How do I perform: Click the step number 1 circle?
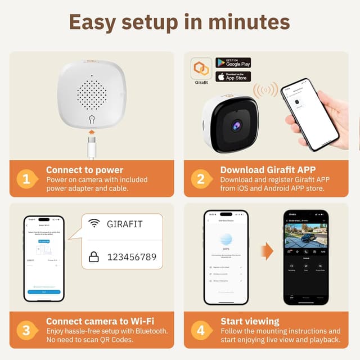[26, 179]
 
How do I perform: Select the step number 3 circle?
[26, 330]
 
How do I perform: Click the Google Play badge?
[233, 63]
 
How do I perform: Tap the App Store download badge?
[233, 76]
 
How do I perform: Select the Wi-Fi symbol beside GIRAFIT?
[93, 224]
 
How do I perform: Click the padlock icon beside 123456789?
[93, 257]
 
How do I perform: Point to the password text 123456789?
[131, 257]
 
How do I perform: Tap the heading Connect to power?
[84, 170]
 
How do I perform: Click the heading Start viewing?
[250, 321]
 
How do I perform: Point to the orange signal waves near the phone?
[265, 90]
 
